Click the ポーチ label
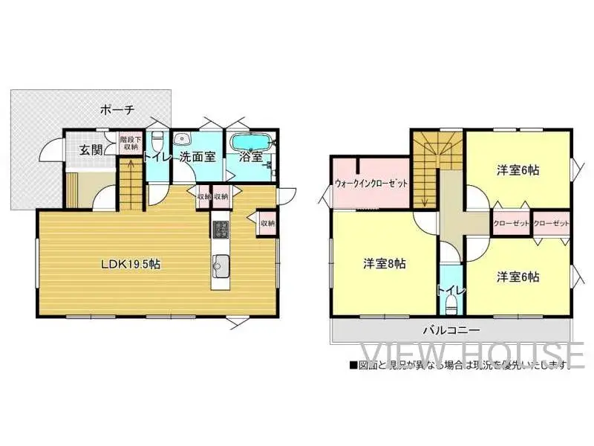click(117, 110)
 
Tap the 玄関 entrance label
click(91, 150)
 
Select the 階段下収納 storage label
click(129, 143)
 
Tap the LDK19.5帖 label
click(131, 263)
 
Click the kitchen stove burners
click(221, 229)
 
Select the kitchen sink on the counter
click(221, 262)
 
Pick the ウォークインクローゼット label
click(371, 183)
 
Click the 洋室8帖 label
click(384, 263)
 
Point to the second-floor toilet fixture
click(451, 303)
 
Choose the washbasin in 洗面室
click(182, 139)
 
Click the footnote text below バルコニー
click(461, 365)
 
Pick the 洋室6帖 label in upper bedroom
click(518, 170)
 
